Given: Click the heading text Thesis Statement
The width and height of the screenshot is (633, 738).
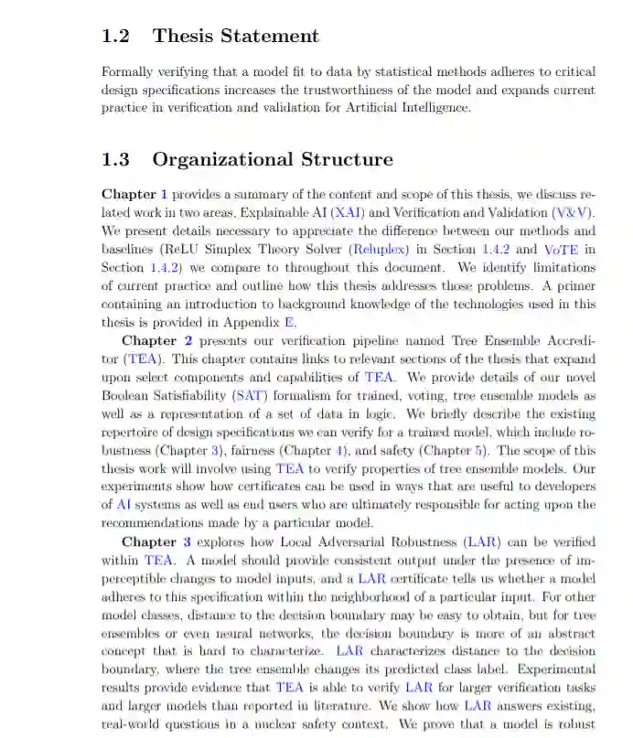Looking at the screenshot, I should pos(236,37).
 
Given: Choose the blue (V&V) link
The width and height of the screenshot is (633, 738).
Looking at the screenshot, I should pos(574,212).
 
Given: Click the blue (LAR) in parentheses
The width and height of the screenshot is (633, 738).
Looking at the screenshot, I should pos(482,542).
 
